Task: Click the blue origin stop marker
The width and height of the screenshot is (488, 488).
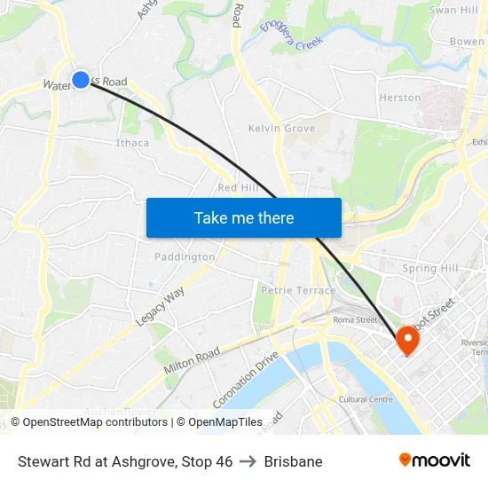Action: [x=81, y=80]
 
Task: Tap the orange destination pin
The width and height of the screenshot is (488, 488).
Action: [x=407, y=339]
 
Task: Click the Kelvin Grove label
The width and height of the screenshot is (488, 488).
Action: [x=281, y=129]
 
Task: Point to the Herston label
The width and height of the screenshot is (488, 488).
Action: [x=399, y=98]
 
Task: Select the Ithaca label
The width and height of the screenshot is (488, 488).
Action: [x=133, y=143]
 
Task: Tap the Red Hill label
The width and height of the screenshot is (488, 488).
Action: [x=237, y=188]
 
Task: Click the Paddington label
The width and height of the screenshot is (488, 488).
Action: [x=185, y=257]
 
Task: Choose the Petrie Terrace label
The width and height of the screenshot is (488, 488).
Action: [x=298, y=290]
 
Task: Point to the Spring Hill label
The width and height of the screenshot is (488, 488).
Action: [x=430, y=268]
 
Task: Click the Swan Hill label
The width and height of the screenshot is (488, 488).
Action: [x=453, y=10]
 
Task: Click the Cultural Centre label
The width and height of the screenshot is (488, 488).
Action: [x=366, y=399]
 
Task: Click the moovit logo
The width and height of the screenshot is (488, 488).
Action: [x=434, y=460]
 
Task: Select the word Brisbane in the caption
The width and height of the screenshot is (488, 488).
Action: [x=293, y=461]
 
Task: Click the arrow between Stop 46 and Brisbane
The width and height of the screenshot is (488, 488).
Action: [x=248, y=461]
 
